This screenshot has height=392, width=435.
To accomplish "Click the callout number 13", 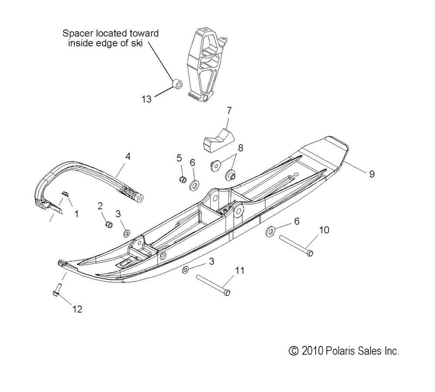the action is [147, 99].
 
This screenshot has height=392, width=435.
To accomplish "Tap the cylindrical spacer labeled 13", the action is [177, 84].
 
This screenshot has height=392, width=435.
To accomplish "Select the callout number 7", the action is [229, 111].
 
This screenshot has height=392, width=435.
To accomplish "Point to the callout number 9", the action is [372, 174].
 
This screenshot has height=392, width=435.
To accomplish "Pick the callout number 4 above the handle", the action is [127, 156].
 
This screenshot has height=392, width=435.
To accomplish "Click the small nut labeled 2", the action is [109, 224].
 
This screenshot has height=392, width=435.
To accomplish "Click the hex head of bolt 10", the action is [310, 253].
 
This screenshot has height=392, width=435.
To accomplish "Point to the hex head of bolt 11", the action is [227, 292].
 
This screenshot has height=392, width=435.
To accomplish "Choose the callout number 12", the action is [77, 309].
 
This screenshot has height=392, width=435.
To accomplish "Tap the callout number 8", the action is [241, 148].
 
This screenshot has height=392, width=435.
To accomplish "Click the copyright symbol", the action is [294, 351].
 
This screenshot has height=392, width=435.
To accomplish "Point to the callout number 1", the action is [76, 214].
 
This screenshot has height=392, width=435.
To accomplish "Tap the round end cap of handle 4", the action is [139, 199].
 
